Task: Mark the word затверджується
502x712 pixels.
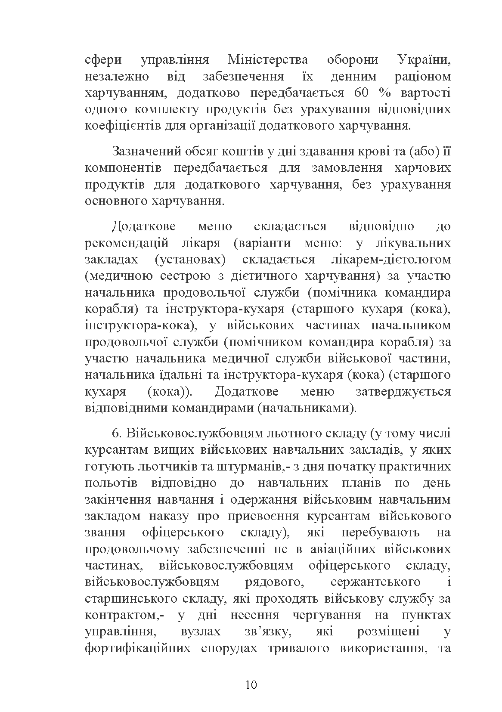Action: (403, 392)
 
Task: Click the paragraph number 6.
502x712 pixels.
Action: (114, 433)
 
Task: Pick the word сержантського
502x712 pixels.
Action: (375, 582)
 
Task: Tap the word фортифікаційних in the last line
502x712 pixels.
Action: (138, 648)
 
